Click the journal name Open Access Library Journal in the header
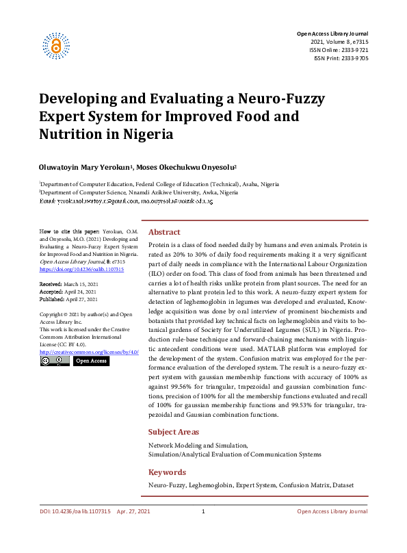tap(332, 34)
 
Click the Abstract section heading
tap(165, 232)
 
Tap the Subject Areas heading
tap(174, 432)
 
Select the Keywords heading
tap(167, 472)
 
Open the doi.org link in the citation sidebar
tap(81, 270)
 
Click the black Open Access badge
tap(90, 361)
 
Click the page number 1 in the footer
tap(203, 512)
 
